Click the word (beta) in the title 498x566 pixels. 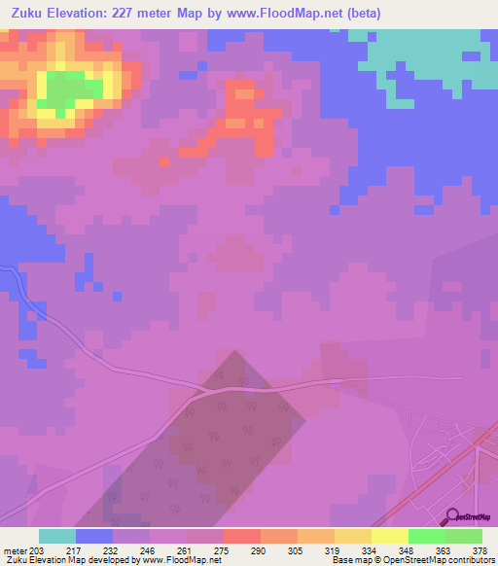click(357, 14)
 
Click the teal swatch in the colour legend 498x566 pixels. click(57, 536)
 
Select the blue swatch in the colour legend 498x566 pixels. click(94, 536)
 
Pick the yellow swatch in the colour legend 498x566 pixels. click(389, 536)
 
